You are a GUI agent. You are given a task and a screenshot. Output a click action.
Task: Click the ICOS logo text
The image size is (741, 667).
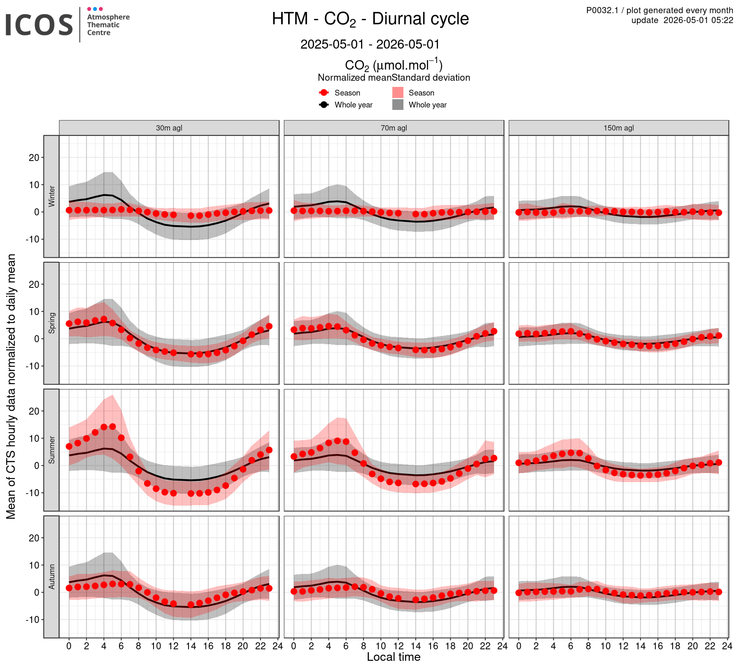[x=39, y=25]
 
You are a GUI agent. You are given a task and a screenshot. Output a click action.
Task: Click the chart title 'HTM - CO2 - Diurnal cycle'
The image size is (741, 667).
[x=370, y=19]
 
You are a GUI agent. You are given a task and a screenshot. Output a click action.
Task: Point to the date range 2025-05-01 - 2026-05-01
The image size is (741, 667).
[x=370, y=44]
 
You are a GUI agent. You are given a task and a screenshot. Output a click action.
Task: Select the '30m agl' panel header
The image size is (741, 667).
[x=169, y=128]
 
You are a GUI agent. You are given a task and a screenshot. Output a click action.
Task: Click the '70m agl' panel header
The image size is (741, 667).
[x=394, y=128]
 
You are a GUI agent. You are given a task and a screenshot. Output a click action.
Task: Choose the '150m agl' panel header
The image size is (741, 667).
[x=619, y=128]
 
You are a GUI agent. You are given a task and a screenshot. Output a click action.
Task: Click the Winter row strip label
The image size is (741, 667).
[x=51, y=196]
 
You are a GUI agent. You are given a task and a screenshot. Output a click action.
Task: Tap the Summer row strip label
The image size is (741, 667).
[x=51, y=450]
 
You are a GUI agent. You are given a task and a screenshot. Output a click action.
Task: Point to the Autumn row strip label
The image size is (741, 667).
[x=51, y=577]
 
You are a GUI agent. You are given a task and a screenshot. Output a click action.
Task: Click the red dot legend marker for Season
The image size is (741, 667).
[x=324, y=93]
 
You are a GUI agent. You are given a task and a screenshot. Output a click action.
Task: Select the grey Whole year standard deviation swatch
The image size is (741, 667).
[x=398, y=105]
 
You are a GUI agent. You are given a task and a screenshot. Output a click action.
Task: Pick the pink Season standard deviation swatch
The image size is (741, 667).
[x=398, y=93]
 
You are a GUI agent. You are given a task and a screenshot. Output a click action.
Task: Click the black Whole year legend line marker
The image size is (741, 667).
[x=324, y=105]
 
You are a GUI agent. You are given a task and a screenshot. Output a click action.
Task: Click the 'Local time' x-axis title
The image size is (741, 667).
[x=394, y=657]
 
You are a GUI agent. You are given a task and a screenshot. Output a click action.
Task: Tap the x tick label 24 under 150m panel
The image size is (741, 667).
[x=727, y=646]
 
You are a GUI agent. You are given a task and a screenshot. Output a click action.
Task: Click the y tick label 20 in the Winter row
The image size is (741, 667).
[x=34, y=158]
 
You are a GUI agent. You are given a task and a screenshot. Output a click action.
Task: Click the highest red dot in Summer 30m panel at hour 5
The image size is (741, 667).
[x=112, y=427]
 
